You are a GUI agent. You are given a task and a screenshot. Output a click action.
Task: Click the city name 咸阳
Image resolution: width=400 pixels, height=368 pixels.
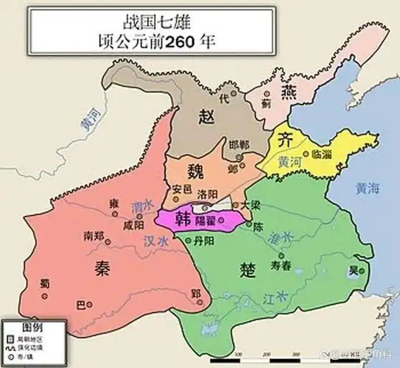tap(135, 225)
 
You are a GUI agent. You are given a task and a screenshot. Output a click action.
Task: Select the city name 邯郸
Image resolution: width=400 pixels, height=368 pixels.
tap(239, 144)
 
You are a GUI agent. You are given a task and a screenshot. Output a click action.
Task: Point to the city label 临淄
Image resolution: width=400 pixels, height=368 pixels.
tap(323, 155)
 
